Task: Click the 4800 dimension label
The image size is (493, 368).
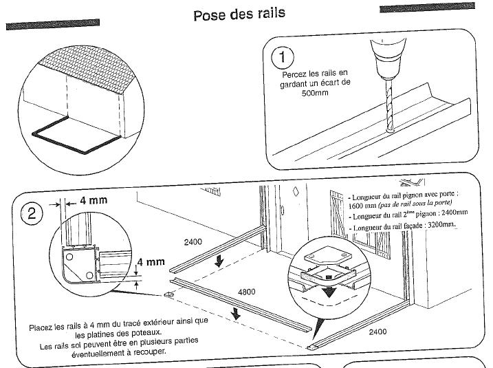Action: (246, 292)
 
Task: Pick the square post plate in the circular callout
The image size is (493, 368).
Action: (324, 264)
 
